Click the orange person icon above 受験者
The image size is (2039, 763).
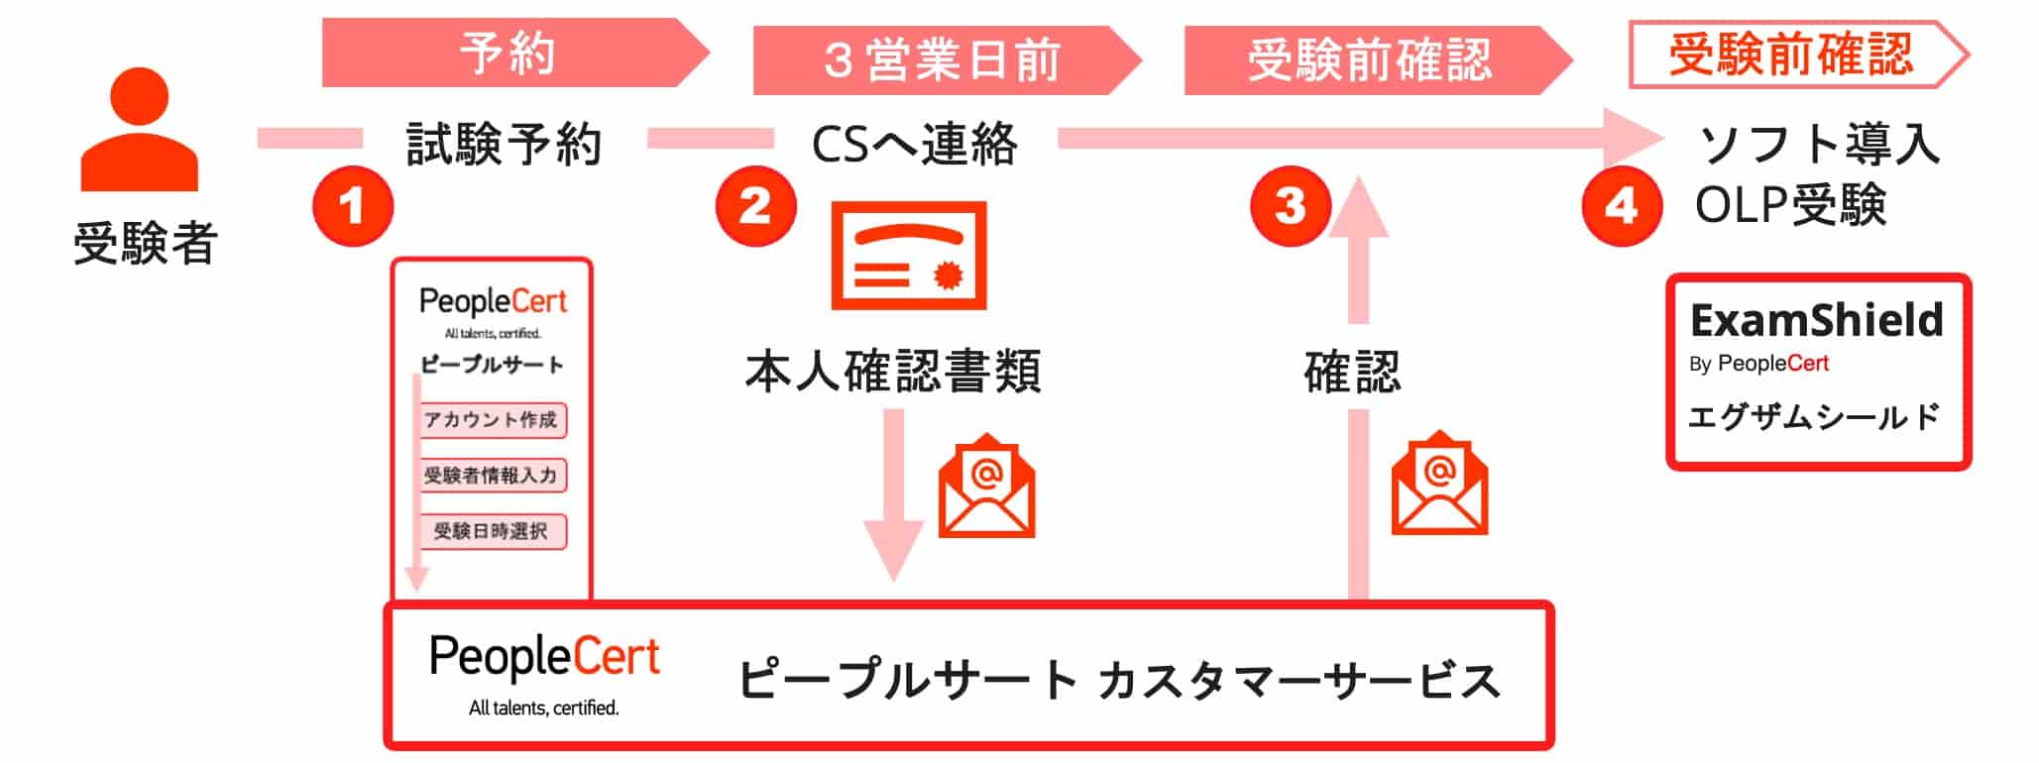click(140, 130)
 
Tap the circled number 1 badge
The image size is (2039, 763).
click(353, 207)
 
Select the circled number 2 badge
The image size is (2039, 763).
click(755, 205)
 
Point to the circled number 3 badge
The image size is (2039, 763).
click(1289, 206)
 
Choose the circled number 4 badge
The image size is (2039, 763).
click(1621, 206)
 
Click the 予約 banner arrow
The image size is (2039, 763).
click(510, 54)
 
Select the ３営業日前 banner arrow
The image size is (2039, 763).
click(942, 60)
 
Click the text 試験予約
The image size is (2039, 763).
click(505, 145)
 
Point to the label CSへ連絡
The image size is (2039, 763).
click(914, 145)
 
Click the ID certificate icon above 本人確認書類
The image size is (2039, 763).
click(908, 256)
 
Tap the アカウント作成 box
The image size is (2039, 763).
click(492, 420)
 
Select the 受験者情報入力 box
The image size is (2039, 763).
click(492, 476)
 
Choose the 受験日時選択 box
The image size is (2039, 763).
click(492, 531)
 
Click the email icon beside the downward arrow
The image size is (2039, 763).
click(986, 487)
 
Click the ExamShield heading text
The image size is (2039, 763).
click(1816, 320)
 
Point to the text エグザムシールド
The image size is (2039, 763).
click(1814, 417)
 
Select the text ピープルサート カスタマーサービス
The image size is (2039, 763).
click(1118, 681)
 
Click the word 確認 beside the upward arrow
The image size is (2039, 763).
click(1352, 373)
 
